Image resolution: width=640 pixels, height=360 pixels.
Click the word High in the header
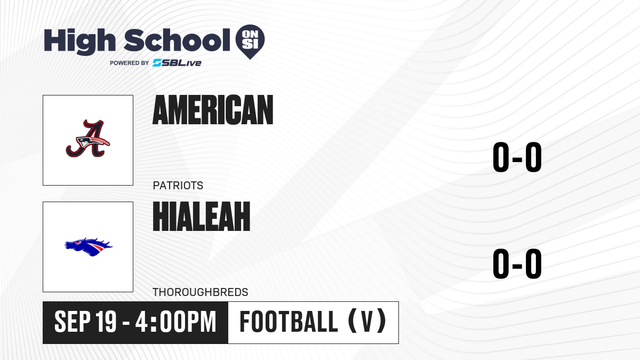coord(80,42)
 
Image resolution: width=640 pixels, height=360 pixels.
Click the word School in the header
coord(177,40)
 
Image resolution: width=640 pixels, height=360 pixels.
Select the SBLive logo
coord(177,63)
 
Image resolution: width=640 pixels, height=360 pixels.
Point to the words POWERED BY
coord(130,63)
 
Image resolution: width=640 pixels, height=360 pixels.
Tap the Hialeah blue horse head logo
coord(89,246)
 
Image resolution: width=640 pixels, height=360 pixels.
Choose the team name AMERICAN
coord(213,110)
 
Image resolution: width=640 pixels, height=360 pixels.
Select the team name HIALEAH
coord(202,217)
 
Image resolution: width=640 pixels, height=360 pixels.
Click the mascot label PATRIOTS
coord(178,186)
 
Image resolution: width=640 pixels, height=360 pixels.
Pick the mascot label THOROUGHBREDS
coord(201,292)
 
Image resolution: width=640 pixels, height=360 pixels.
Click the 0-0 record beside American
coord(517,157)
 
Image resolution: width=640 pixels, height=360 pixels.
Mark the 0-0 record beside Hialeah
coord(517,263)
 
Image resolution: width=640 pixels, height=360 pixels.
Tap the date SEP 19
coord(85,322)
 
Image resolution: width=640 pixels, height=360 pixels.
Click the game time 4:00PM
coord(175,322)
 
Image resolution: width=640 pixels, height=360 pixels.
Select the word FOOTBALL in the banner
coord(289,322)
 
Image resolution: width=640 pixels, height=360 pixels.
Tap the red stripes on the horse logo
coord(97,247)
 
